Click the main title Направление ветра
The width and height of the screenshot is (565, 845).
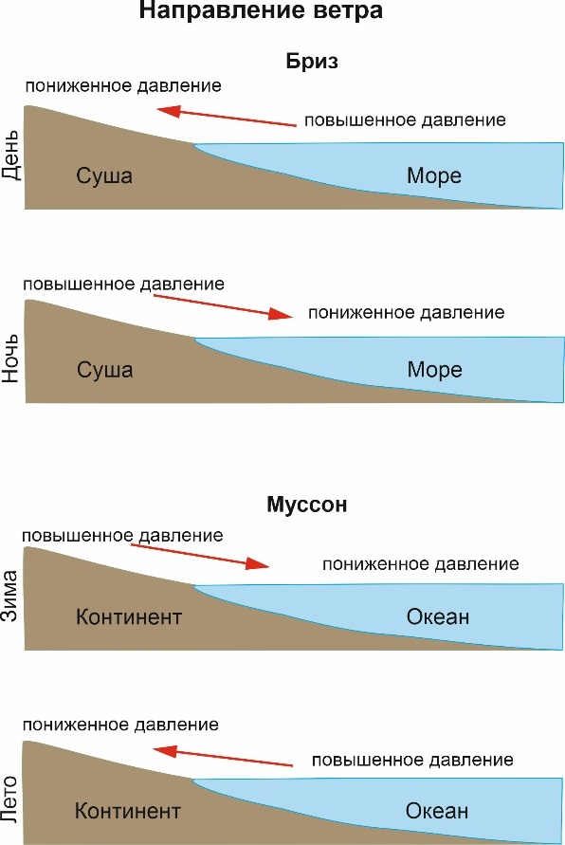click(x=261, y=10)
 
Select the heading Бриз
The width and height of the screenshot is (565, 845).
click(x=312, y=62)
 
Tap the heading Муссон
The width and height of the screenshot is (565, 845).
click(x=307, y=505)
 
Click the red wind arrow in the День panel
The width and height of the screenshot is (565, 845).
click(x=227, y=117)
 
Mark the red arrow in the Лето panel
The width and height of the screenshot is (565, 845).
click(x=223, y=756)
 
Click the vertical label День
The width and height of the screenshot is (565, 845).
click(x=11, y=156)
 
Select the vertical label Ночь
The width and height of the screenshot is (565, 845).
click(x=11, y=358)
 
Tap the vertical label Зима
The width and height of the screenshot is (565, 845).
click(x=10, y=596)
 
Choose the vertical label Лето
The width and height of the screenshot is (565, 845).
click(x=10, y=799)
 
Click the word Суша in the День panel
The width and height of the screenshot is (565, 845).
click(x=104, y=175)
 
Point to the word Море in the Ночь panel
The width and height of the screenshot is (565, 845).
click(x=435, y=370)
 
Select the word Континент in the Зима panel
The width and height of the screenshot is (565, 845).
click(x=129, y=616)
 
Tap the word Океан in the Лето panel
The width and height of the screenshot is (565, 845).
click(x=437, y=811)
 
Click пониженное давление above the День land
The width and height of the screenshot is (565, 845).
click(x=123, y=86)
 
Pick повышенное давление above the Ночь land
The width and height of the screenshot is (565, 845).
click(x=123, y=284)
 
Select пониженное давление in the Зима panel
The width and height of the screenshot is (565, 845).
click(x=421, y=564)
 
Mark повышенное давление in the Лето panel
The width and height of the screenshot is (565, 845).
click(x=412, y=761)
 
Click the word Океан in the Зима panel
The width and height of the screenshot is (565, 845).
click(x=438, y=616)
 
